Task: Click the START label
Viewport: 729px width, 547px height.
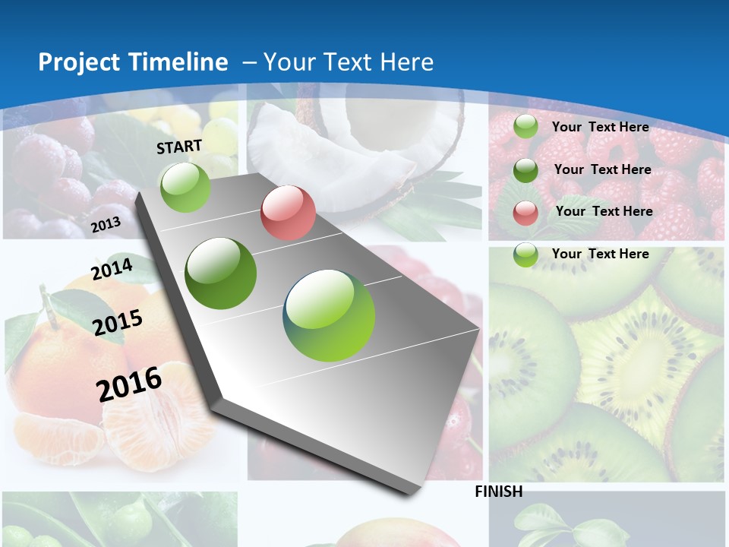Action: (179, 146)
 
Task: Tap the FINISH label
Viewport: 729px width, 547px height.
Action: (498, 492)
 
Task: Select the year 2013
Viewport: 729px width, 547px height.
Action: (106, 225)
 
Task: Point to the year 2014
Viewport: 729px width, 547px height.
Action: (112, 270)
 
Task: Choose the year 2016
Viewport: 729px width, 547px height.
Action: (129, 384)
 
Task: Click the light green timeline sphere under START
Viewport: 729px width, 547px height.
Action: (185, 187)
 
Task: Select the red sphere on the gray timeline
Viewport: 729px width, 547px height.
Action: (288, 213)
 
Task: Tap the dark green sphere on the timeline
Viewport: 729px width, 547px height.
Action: (221, 273)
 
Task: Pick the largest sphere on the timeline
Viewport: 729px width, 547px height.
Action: (329, 315)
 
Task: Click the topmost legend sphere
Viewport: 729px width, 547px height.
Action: (525, 127)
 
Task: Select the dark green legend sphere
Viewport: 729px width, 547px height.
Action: (525, 170)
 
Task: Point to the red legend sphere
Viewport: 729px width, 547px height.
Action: (525, 213)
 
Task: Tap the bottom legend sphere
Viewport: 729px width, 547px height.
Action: (525, 255)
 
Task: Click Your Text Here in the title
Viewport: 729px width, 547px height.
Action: (349, 62)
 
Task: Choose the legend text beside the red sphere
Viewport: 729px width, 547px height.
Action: (604, 211)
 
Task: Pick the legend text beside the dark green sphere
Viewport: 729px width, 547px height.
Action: (602, 169)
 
